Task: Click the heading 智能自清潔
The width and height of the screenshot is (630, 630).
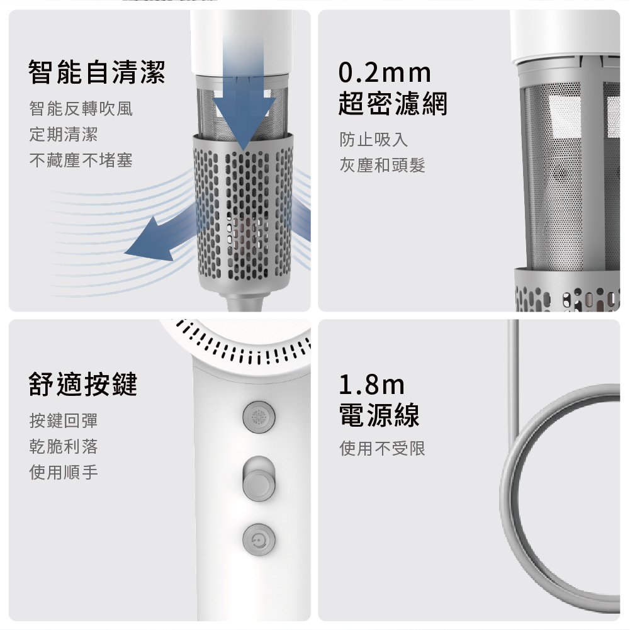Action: (97, 72)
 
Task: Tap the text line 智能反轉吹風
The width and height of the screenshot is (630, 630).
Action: (81, 109)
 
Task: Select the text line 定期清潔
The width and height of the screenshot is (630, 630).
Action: (64, 135)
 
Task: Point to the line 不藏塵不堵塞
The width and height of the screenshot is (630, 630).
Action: (81, 160)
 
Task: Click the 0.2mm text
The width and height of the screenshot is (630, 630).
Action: (385, 73)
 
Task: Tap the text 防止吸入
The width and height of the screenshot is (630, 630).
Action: (374, 140)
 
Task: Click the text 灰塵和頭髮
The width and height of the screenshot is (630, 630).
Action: (382, 165)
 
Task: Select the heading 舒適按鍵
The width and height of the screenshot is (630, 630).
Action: (83, 385)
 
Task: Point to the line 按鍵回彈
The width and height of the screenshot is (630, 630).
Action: (64, 420)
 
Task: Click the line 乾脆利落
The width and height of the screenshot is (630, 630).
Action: (64, 446)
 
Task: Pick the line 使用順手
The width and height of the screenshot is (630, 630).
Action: (64, 472)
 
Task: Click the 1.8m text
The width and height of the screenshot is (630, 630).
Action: (372, 385)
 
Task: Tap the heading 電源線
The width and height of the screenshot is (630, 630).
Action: (380, 415)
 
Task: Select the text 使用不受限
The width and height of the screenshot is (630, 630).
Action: (382, 448)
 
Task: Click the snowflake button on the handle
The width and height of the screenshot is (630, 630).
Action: (259, 417)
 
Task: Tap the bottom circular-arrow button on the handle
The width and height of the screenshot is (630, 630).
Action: (259, 539)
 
